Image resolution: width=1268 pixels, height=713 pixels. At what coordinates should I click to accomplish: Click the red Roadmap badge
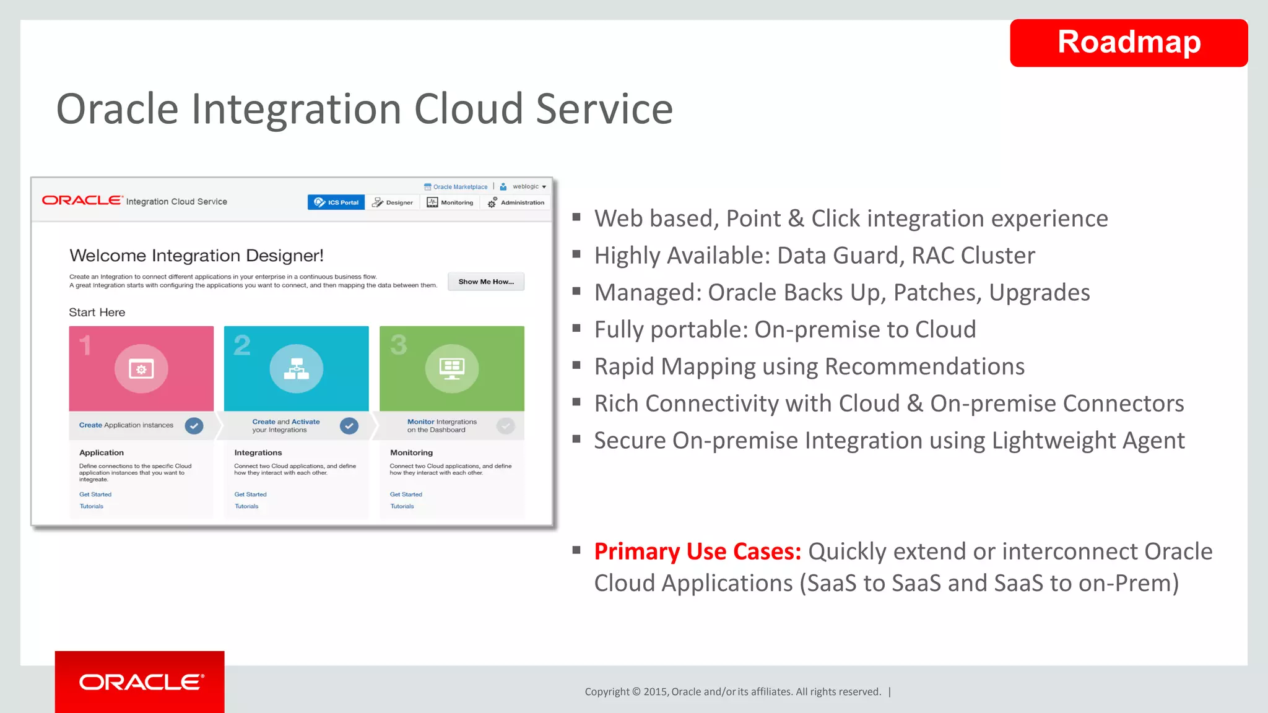pyautogui.click(x=1128, y=43)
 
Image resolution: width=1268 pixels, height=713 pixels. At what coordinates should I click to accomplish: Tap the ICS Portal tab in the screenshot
pyautogui.click(x=336, y=202)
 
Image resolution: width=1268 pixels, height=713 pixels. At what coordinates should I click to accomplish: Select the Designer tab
pyautogui.click(x=393, y=202)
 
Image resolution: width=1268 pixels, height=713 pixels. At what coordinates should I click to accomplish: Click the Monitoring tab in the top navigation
pyautogui.click(x=450, y=202)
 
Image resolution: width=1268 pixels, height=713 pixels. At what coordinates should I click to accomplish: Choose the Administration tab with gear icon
pyautogui.click(x=516, y=202)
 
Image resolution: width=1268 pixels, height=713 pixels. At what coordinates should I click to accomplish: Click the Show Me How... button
pyautogui.click(x=486, y=282)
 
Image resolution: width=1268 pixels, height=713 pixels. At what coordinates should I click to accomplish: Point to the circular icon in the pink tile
pyautogui.click(x=141, y=369)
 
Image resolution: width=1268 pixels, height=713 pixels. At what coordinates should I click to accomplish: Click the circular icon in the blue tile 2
pyautogui.click(x=297, y=369)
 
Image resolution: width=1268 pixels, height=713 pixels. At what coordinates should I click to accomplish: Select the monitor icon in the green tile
pyautogui.click(x=452, y=369)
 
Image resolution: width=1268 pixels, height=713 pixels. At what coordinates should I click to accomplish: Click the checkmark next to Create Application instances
pyautogui.click(x=194, y=426)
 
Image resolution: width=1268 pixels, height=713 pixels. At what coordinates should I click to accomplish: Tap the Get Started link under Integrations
pyautogui.click(x=250, y=495)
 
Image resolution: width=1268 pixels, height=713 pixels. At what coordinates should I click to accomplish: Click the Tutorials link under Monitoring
pyautogui.click(x=402, y=506)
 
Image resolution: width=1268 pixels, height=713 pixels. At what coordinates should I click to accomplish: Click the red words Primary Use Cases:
pyautogui.click(x=697, y=551)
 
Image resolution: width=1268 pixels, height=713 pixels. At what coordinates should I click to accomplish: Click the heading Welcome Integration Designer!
pyautogui.click(x=196, y=256)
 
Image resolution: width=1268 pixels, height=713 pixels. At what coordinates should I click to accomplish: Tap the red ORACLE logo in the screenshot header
pyautogui.click(x=82, y=201)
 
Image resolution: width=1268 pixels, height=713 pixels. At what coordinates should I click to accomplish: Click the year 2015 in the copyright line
pyautogui.click(x=655, y=692)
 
